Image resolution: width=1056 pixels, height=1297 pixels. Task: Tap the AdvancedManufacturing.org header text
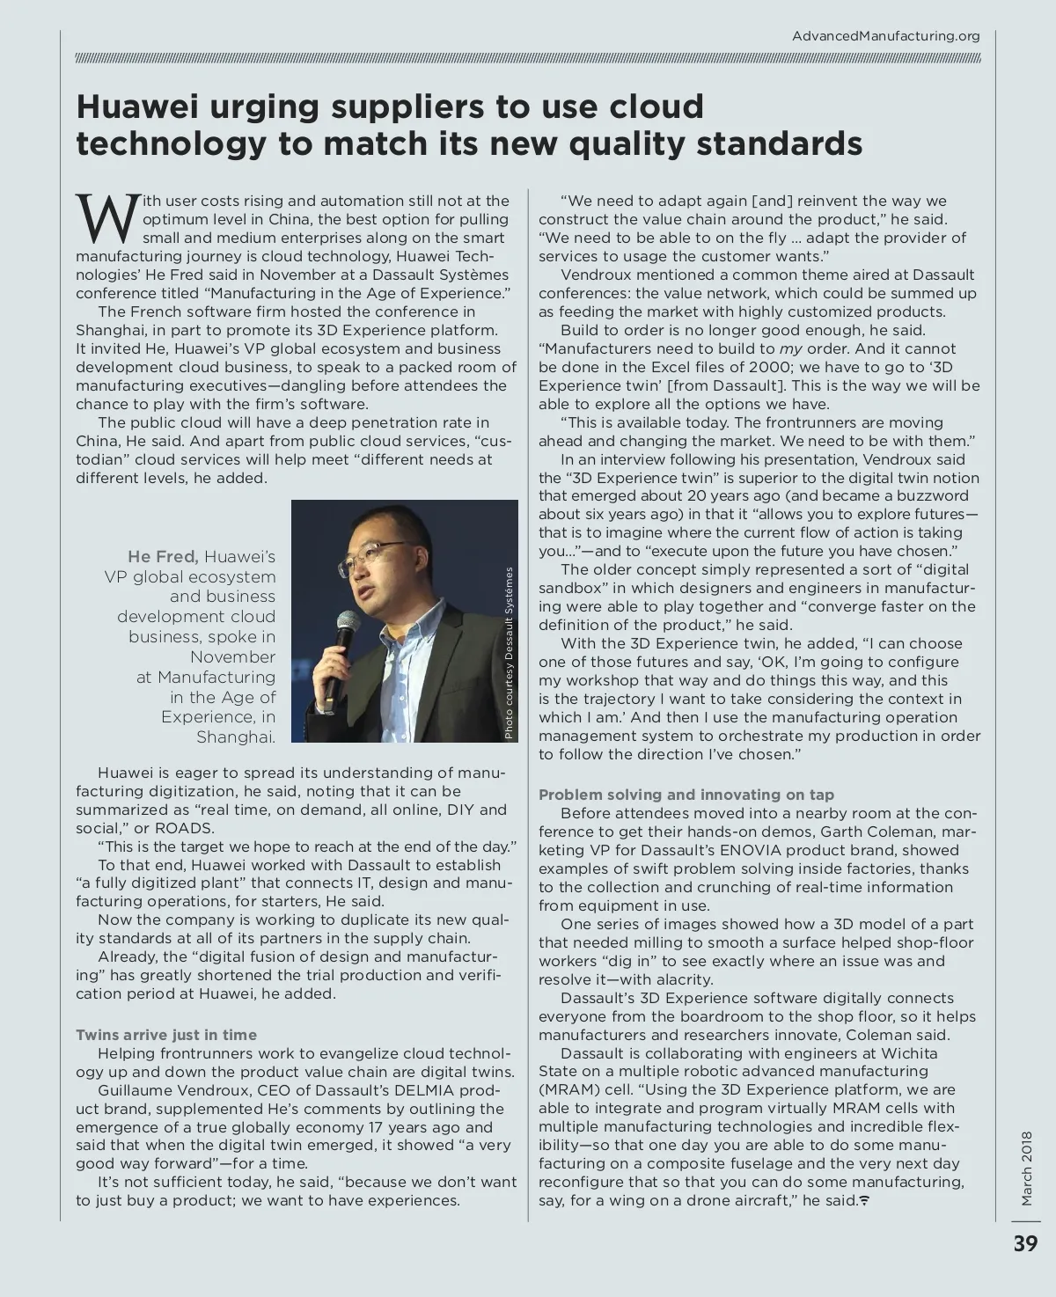885,36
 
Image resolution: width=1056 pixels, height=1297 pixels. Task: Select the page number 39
1025,1243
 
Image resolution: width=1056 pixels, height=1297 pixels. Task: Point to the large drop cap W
107,219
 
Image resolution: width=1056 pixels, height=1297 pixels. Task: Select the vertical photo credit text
508,652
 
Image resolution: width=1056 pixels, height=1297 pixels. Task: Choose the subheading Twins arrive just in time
166,1035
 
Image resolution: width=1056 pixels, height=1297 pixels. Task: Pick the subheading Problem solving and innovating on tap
686,795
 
